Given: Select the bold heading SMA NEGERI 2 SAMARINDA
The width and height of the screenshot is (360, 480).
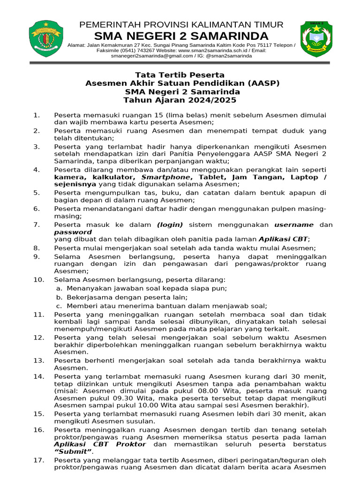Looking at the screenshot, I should (x=181, y=36).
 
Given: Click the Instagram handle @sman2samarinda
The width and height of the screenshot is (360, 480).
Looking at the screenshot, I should (x=228, y=56).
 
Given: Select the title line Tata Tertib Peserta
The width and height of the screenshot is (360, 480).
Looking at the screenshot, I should (x=180, y=75).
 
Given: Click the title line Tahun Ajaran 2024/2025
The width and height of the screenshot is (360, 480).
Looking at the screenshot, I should (x=180, y=100).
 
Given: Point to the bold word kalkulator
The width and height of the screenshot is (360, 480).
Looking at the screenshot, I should (x=112, y=177).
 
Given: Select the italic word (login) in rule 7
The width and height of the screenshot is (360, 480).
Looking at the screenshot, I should (x=170, y=225).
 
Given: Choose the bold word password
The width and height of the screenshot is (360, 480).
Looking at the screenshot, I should (x=73, y=232).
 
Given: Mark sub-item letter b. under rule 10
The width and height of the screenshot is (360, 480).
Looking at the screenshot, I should (x=59, y=297).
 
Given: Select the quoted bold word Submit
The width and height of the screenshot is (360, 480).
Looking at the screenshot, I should (x=73, y=452).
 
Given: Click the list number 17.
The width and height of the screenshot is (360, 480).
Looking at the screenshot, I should (x=38, y=460).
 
